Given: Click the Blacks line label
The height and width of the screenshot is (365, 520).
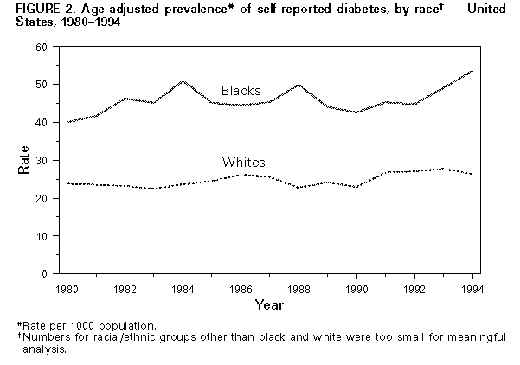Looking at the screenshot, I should pos(241,92).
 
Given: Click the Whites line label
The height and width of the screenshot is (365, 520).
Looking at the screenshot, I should pos(244,163).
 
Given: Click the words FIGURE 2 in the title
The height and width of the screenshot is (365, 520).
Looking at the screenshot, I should pos(32,10).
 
